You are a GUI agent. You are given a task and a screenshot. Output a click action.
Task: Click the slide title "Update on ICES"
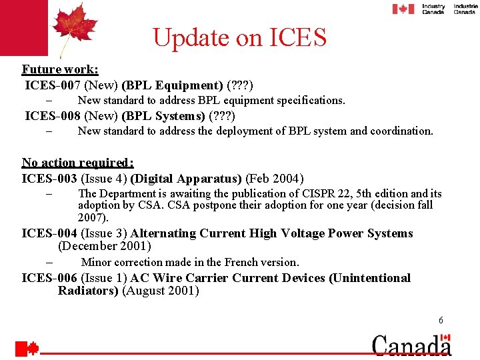pyautogui.click(x=239, y=37)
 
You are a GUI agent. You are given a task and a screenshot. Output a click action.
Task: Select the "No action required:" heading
pyautogui.click(x=77, y=163)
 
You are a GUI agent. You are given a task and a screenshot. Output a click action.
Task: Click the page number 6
pyautogui.click(x=441, y=321)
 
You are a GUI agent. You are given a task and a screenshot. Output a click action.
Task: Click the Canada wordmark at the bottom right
pyautogui.click(x=411, y=345)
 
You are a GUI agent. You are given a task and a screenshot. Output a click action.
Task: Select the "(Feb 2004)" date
pyautogui.click(x=275, y=179)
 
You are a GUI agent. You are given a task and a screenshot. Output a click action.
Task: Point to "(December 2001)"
pyautogui.click(x=105, y=246)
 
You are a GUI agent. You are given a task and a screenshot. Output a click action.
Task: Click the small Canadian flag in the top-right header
pyautogui.click(x=403, y=9)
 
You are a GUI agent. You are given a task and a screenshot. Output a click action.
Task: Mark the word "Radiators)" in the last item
pyautogui.click(x=88, y=291)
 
